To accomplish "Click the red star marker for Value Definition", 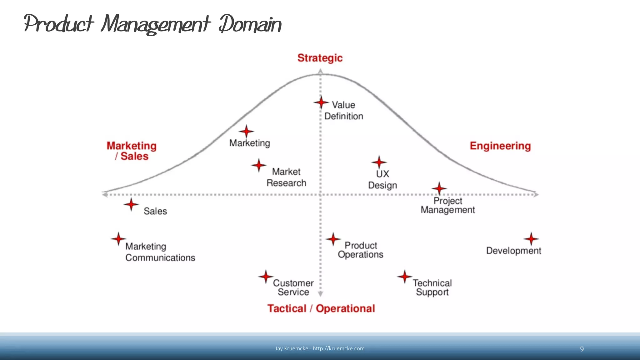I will point(321,102).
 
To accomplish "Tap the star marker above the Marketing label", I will point(246,132).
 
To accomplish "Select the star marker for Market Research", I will point(259,165).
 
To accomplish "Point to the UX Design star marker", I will point(379,162).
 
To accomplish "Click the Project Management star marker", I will point(439,188).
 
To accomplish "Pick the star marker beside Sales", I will point(131,205).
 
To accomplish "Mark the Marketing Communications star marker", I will point(118,239).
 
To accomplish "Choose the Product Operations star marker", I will point(333,239).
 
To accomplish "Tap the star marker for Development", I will point(531,239).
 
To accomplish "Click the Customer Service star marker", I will point(266,277).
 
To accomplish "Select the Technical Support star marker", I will point(405,277).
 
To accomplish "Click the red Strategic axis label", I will point(320,58).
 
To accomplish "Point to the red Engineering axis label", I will point(500,146).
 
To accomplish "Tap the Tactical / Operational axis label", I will point(321,308).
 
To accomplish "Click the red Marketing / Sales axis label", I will point(132,151).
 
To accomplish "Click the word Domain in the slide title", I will point(250,24).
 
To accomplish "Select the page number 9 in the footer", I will point(582,349).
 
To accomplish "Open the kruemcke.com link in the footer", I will point(338,349).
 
